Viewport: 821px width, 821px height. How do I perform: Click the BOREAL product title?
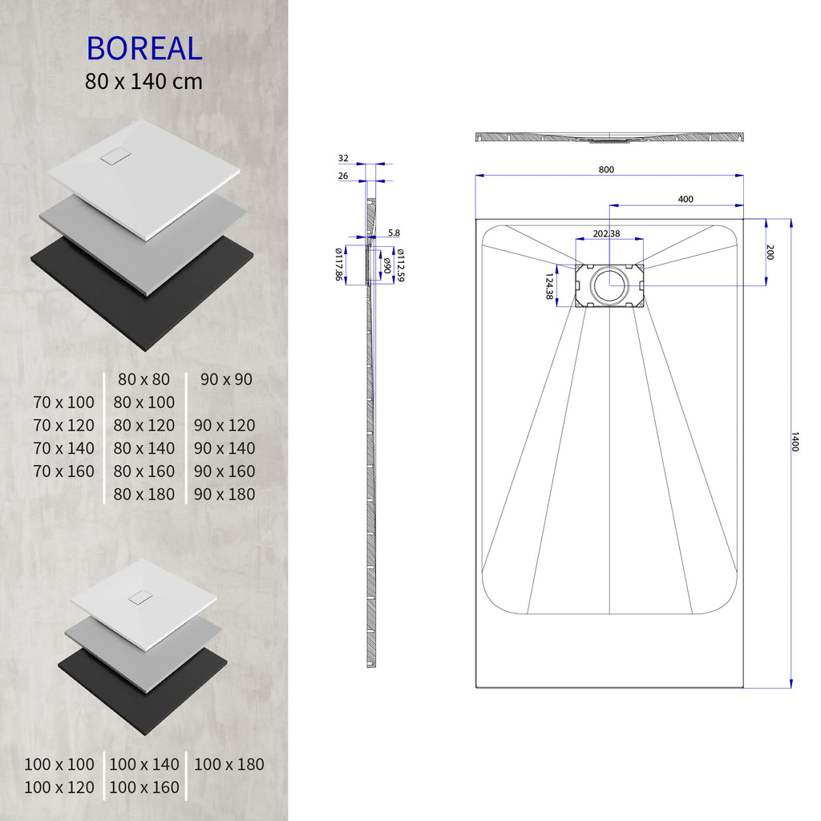point(144,49)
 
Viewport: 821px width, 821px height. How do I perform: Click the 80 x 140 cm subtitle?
point(144,81)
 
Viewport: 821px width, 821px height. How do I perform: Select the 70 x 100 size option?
point(64,402)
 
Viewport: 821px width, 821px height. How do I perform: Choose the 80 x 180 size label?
point(144,495)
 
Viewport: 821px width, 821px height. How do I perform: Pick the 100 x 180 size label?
point(229,765)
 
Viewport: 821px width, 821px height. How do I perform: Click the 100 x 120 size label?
point(59,788)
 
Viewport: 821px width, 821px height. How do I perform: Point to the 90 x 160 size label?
point(224,471)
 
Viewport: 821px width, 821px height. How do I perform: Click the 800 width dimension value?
point(606,169)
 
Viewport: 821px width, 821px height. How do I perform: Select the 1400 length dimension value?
point(795,442)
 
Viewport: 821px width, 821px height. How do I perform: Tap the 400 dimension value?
point(686,200)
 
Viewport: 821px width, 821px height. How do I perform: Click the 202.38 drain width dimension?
point(606,233)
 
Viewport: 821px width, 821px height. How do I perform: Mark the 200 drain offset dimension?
point(770,252)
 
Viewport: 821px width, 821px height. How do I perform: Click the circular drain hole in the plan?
point(612,285)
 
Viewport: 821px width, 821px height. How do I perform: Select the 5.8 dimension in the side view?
point(394,233)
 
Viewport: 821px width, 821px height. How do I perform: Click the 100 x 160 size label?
point(144,788)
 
